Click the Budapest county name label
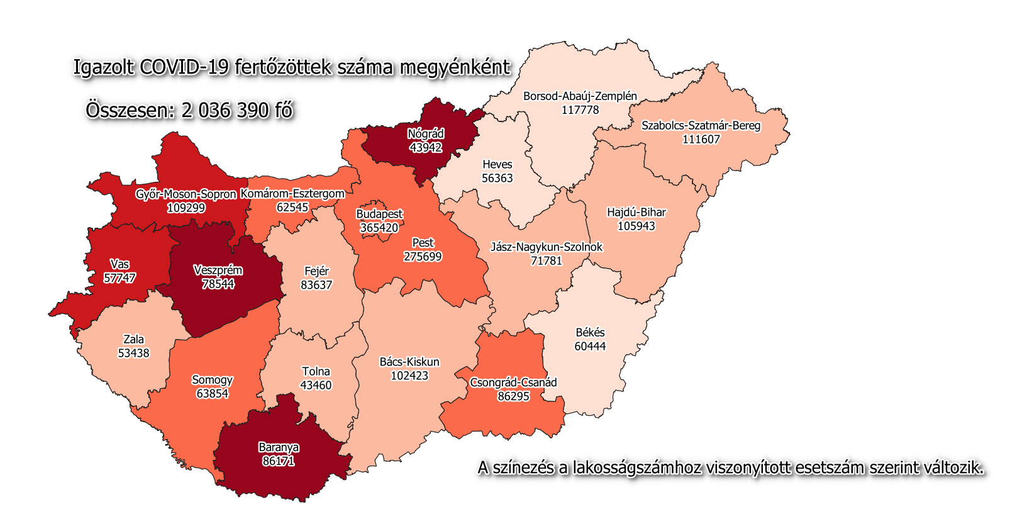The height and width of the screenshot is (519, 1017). tap(379, 214)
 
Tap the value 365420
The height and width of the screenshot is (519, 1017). tap(379, 228)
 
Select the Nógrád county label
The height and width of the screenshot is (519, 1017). tap(426, 134)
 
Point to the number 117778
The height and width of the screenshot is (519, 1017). tap(580, 110)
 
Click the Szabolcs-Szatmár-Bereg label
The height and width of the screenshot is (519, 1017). tap(701, 125)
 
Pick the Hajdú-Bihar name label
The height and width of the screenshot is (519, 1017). tap(636, 212)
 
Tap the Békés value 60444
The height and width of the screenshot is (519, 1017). tap(590, 346)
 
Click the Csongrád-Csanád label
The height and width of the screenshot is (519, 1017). tap(513, 382)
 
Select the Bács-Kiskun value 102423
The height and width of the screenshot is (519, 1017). tap(409, 376)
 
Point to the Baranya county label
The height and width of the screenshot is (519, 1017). tap(279, 447)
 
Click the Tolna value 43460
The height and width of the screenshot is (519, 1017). tap(316, 385)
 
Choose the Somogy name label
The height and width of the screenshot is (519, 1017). tap(212, 380)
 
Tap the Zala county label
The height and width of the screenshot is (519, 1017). tap(133, 340)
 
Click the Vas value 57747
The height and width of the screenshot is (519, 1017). tap(119, 278)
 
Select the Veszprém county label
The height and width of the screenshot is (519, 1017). tap(218, 271)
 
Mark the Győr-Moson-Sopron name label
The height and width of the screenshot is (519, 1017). tap(186, 194)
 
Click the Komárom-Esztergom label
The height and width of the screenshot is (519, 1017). tap(292, 194)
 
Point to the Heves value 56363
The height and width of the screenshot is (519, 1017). tap(497, 178)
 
